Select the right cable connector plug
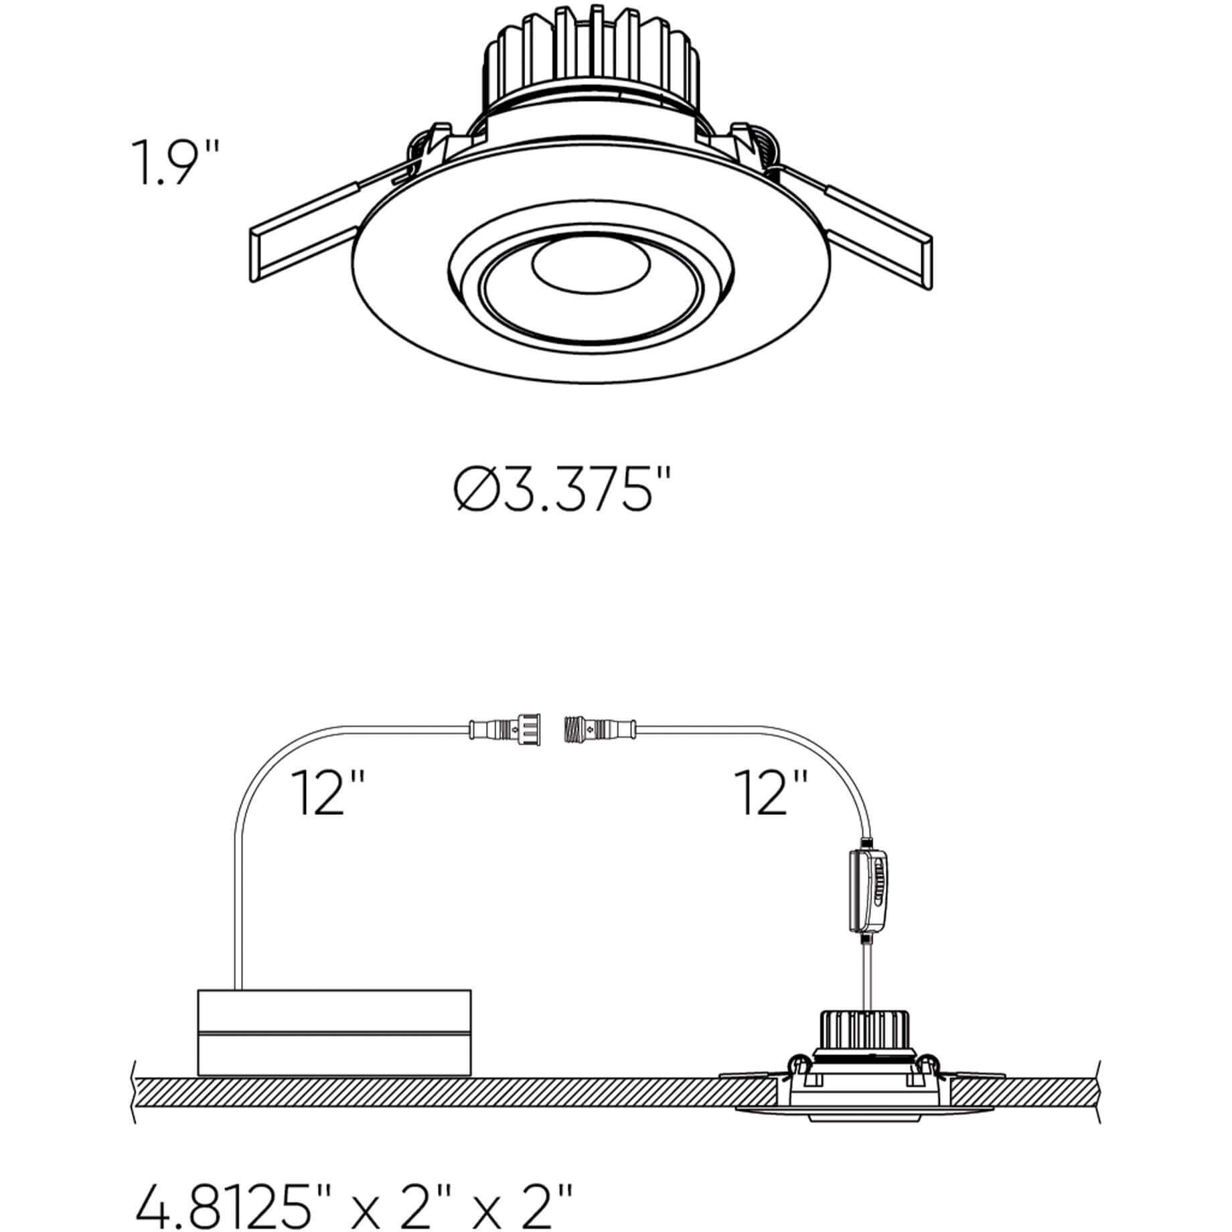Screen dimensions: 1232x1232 pos(600,726)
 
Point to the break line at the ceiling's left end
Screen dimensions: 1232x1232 pos(135,1101)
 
